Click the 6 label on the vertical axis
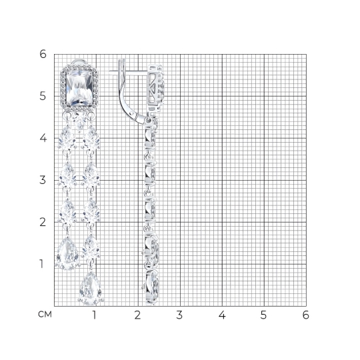point(43,54)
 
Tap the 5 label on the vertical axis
point(43,96)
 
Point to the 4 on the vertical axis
point(43,138)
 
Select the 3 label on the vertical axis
point(43,180)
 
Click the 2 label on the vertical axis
point(43,222)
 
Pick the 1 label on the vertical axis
point(41,264)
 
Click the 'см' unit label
point(45,314)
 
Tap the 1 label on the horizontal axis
point(94,315)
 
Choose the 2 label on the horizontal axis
point(137,315)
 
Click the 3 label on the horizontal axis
point(179,315)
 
